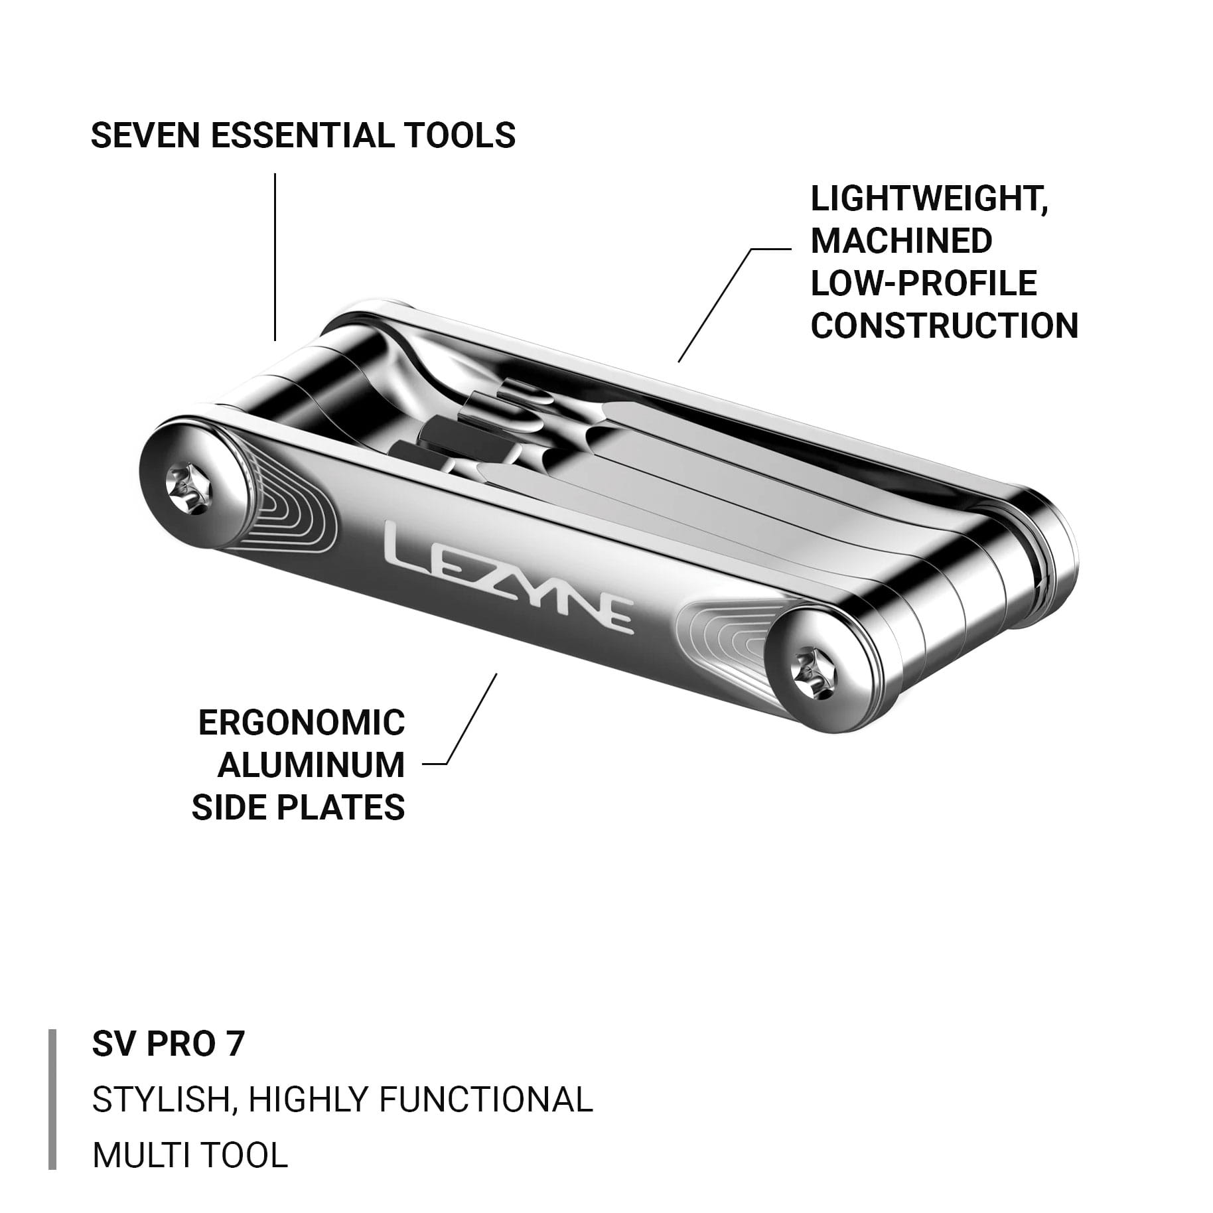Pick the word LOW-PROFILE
tap(924, 283)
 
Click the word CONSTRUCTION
tap(944, 326)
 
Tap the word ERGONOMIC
tap(302, 723)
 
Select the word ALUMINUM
tap(311, 766)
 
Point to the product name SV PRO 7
tap(169, 1044)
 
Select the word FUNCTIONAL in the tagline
tap(486, 1100)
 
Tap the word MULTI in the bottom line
tap(141, 1155)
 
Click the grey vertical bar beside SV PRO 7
tap(52, 1100)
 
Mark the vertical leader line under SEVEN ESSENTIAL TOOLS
tap(275, 257)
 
